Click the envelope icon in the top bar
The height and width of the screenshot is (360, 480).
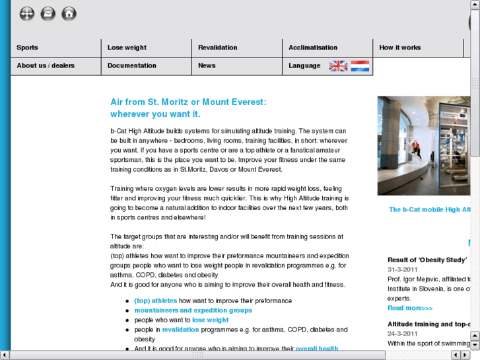48,13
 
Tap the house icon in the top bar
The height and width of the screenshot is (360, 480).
69,13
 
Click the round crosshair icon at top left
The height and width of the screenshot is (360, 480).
26,13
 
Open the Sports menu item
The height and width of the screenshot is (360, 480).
28,48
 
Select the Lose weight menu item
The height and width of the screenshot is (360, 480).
127,48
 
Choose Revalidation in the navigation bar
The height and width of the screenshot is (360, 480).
218,48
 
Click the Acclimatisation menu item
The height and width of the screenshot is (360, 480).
313,48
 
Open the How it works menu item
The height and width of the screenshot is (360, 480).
400,48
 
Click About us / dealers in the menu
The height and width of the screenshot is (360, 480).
46,65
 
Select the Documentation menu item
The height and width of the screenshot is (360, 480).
132,65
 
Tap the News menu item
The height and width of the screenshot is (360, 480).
207,65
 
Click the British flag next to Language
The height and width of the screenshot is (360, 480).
338,65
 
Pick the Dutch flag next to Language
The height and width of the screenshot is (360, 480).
360,65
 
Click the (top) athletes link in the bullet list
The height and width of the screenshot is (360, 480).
156,301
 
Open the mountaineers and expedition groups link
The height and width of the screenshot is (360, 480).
193,310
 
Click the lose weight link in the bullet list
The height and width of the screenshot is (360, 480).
211,320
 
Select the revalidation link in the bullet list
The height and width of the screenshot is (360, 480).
180,329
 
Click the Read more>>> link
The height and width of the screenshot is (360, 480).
410,308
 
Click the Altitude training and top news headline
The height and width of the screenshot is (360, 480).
429,324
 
